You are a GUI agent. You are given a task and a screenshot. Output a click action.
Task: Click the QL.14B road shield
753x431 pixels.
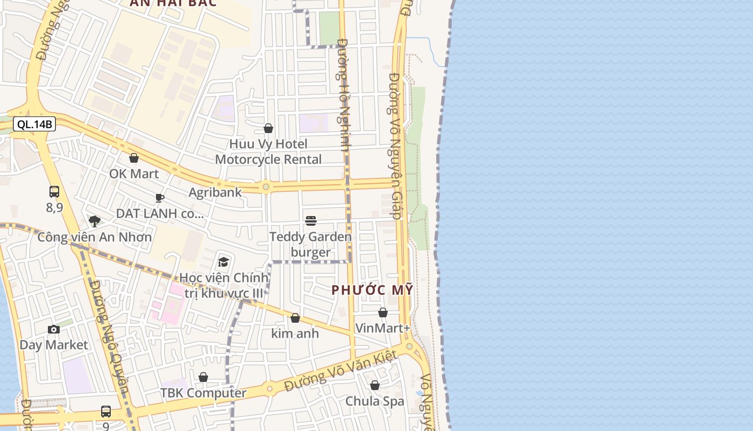[x=34, y=124]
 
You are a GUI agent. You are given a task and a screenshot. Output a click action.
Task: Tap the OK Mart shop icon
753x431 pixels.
[x=134, y=158]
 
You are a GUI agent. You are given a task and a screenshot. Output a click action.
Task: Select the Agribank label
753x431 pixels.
[x=215, y=192]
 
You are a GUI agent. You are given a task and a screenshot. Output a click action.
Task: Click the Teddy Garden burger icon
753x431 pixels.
[x=311, y=220]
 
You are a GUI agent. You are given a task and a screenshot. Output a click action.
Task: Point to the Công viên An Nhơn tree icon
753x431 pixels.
[x=95, y=221]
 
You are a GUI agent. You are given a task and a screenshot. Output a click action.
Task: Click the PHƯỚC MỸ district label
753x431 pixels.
[x=372, y=290]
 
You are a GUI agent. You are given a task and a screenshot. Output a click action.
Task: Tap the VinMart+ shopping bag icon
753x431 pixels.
[x=383, y=312]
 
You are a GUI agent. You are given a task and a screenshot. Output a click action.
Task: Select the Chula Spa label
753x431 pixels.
[x=375, y=401]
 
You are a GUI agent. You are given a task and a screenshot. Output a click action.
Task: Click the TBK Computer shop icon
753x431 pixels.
[x=203, y=377]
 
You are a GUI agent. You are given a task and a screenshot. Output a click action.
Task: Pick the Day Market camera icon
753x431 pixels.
[x=54, y=329]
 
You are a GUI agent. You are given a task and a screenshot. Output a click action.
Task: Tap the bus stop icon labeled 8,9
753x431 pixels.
[x=54, y=191]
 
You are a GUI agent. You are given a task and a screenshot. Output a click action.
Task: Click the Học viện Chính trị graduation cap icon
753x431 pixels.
[x=223, y=262]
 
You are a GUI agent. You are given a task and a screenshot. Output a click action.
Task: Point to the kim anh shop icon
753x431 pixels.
[x=295, y=318]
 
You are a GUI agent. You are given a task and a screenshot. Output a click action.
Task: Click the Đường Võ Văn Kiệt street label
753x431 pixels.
[x=341, y=371]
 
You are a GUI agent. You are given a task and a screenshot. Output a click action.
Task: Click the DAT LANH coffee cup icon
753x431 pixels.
[x=160, y=198]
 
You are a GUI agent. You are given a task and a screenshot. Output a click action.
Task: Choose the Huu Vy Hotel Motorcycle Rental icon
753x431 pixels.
[x=268, y=128]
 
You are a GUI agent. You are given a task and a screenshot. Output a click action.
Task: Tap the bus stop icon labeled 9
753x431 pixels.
[x=106, y=412]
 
